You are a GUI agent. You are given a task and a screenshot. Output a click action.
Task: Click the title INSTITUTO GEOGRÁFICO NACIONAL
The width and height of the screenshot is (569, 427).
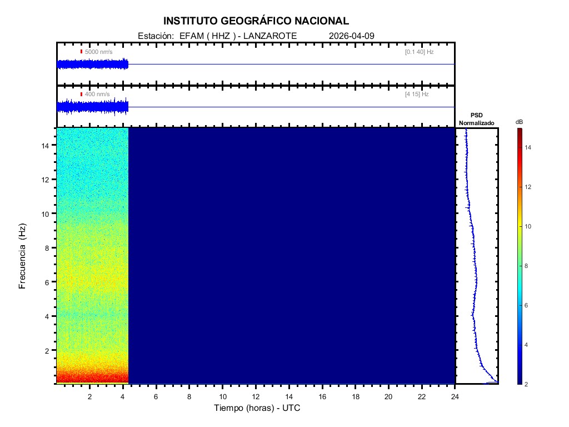pos(256,21)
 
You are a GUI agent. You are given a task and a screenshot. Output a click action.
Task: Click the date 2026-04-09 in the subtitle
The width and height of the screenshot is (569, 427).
pos(352,36)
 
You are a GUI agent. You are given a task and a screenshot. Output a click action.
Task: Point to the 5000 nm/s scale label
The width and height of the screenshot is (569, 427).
pos(98,52)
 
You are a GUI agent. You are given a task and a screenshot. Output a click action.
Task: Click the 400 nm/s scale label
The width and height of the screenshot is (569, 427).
pos(98,95)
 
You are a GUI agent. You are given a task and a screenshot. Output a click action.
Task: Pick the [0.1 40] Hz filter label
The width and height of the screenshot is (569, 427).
pos(419,52)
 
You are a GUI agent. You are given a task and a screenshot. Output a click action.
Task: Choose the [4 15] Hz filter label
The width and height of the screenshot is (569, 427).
pos(417,95)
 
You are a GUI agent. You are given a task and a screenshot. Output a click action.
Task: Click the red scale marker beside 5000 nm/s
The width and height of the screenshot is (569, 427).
pos(81,52)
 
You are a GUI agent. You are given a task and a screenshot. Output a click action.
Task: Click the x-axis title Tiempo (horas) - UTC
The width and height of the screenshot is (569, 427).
pos(257,408)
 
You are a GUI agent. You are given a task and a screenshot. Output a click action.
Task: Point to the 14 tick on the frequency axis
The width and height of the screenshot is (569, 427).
pos(48,145)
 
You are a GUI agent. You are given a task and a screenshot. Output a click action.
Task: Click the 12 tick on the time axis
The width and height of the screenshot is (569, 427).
pos(256,396)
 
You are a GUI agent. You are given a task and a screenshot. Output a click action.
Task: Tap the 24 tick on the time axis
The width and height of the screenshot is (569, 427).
pos(455,396)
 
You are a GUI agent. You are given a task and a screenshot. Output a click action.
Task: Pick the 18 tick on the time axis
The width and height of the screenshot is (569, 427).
pos(356,396)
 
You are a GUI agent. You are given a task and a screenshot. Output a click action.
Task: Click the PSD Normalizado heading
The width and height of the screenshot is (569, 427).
pos(476,119)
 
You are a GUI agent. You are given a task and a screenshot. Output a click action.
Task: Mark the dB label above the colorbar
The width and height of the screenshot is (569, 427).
pos(519,122)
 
